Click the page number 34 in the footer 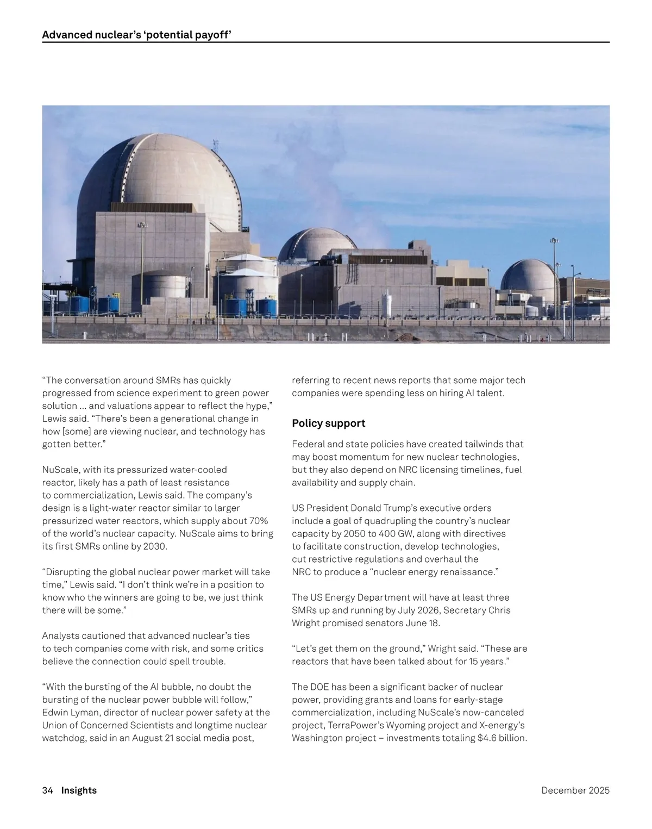[47, 790]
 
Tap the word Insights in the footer [79, 790]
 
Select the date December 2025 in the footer [575, 790]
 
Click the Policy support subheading [328, 423]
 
